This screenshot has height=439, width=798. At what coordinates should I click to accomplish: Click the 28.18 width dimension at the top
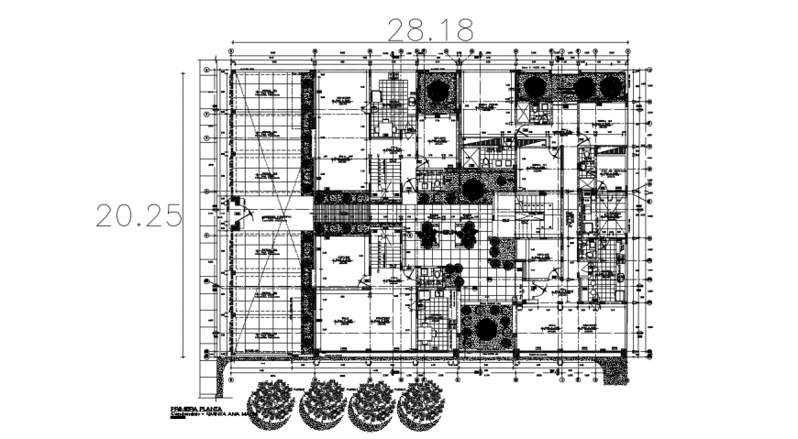(431, 29)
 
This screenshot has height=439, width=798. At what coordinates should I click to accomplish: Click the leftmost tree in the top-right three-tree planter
(533, 87)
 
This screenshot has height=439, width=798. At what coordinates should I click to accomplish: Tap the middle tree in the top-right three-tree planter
(583, 87)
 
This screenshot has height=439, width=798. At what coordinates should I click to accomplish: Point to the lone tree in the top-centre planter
(438, 92)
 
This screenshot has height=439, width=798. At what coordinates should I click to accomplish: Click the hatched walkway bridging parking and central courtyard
(341, 214)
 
